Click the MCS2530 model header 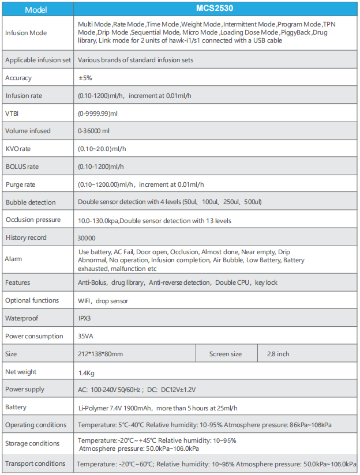[x=216, y=9]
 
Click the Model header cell [x=37, y=9]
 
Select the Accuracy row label [x=18, y=78]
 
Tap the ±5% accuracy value [x=85, y=78]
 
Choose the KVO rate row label [x=18, y=149]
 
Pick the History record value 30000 [x=87, y=237]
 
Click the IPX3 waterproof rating [x=84, y=318]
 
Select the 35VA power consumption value [x=85, y=336]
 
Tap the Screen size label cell [x=226, y=354]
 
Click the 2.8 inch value [x=278, y=354]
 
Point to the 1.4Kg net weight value [x=86, y=373]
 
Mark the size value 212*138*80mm [x=100, y=354]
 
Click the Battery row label [x=16, y=408]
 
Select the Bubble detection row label [x=31, y=202]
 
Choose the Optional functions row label [x=32, y=300]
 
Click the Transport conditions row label [x=35, y=463]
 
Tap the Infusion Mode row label [x=26, y=33]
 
